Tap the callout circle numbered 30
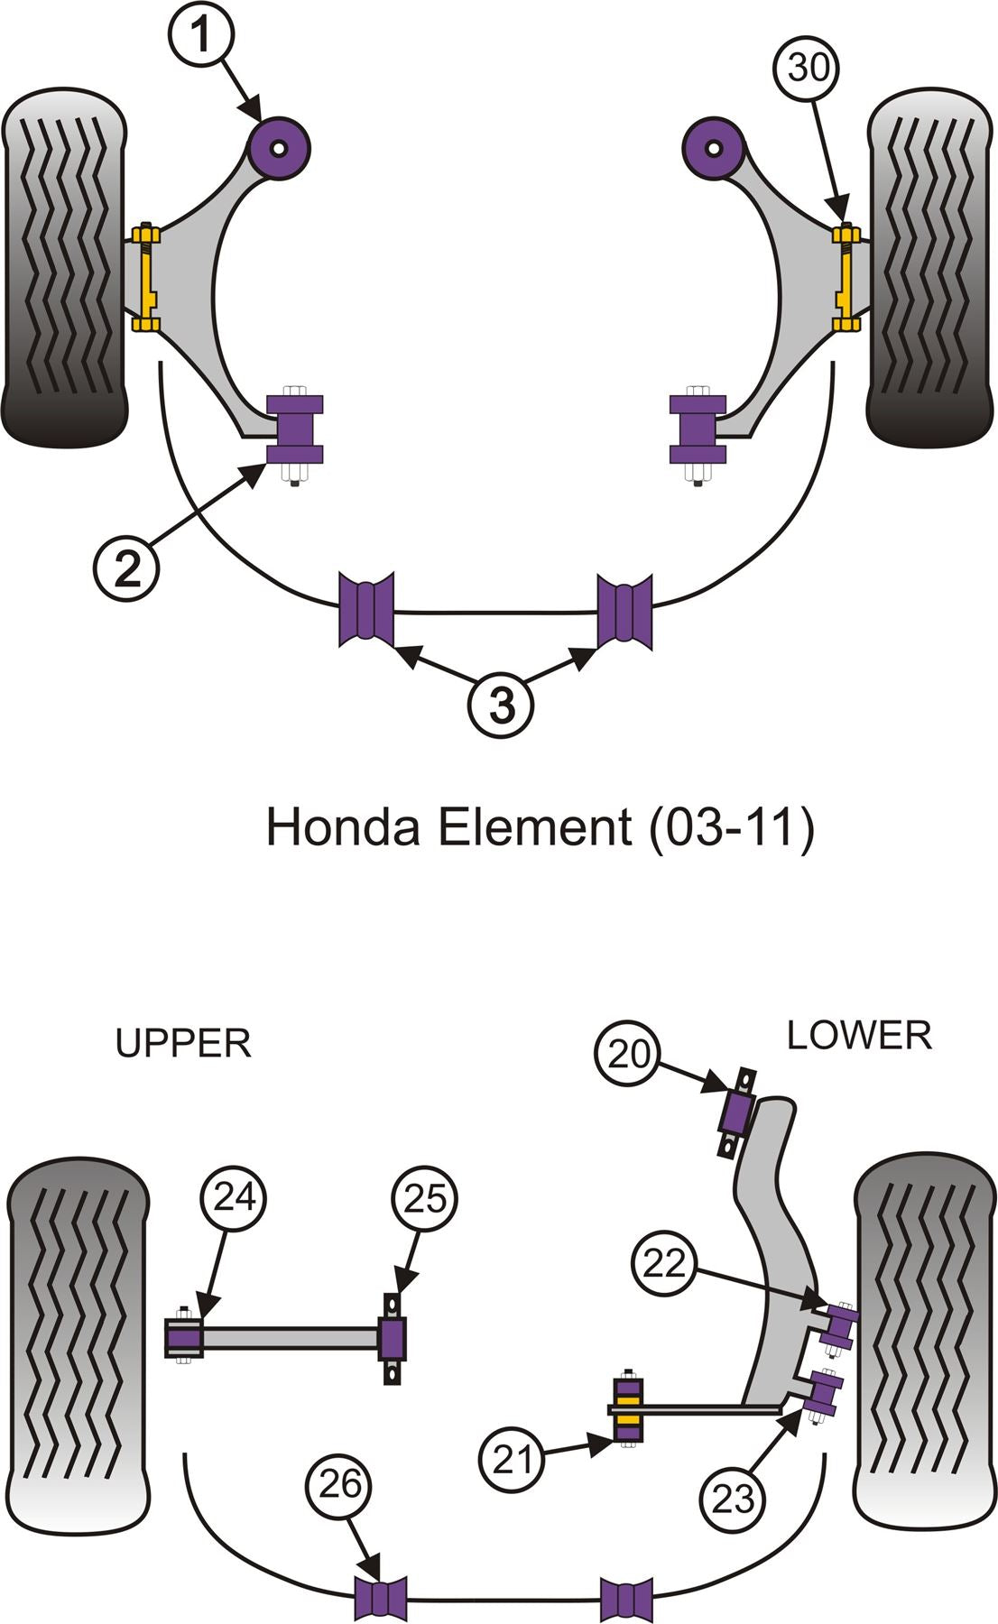808,67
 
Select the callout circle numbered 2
127,567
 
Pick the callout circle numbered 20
628,1053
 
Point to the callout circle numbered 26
339,1484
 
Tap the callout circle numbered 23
733,1499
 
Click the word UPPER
183,1044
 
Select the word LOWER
859,1035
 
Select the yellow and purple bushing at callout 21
628,1409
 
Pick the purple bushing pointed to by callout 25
392,1339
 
